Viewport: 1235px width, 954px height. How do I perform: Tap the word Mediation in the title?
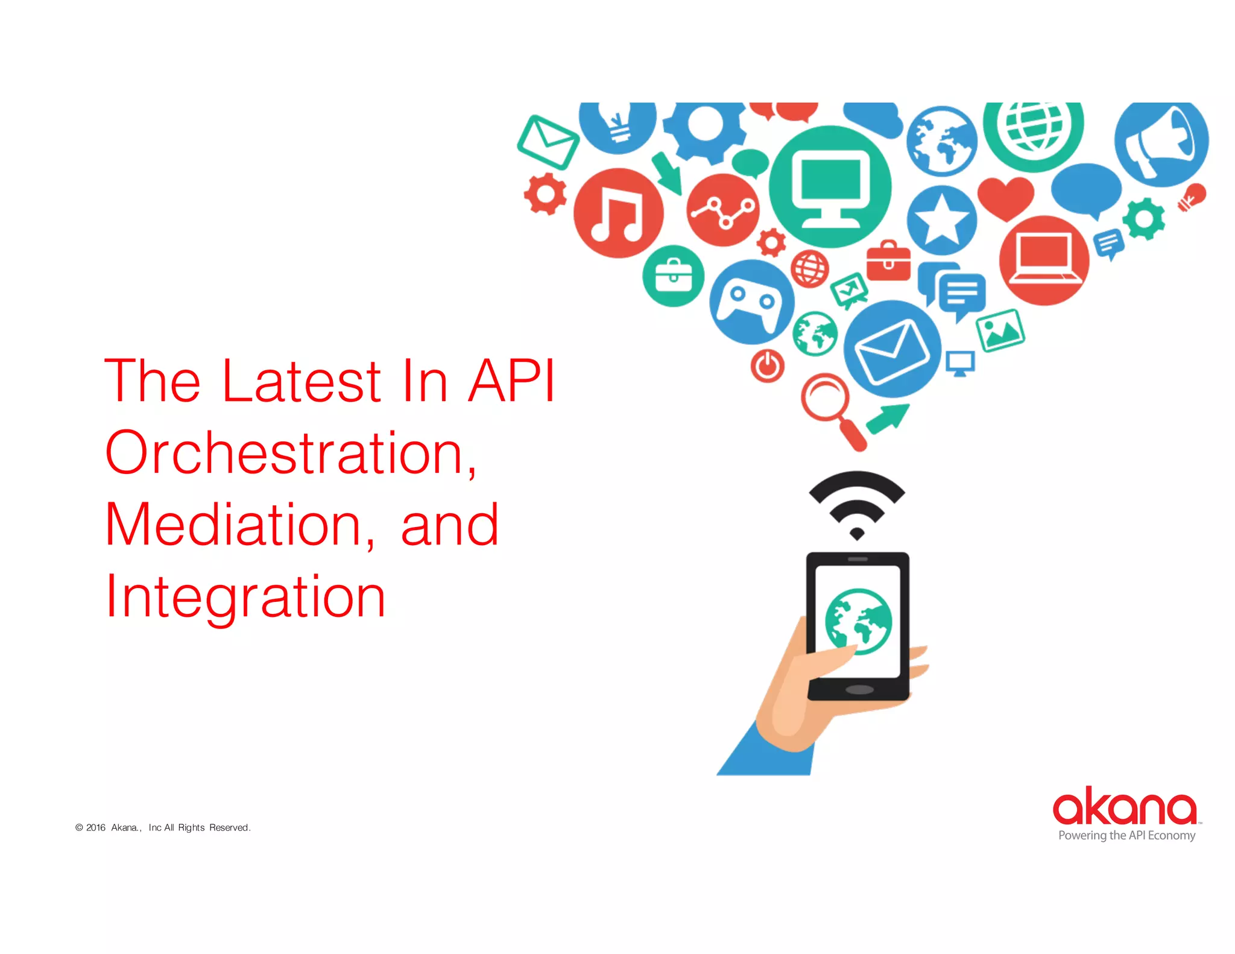pos(235,525)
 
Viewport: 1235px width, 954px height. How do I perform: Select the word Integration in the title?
pos(245,597)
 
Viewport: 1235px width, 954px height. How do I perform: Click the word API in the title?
pos(511,381)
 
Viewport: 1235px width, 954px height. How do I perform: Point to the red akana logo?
pos(1125,807)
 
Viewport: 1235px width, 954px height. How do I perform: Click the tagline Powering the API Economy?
pos(1126,836)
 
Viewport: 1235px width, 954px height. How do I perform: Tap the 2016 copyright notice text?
pos(163,827)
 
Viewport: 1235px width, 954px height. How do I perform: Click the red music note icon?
pos(618,213)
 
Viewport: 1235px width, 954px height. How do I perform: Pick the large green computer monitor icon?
pos(830,186)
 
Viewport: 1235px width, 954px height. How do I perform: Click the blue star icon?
pos(941,220)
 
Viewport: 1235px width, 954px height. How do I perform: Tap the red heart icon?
pos(1005,197)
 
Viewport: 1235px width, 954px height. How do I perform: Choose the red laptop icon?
pos(1044,260)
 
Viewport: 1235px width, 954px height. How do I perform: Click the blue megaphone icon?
pos(1161,142)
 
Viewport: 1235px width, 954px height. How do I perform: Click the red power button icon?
pos(767,365)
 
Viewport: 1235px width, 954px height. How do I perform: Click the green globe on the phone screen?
pos(858,621)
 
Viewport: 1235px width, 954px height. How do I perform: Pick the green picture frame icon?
pos(1000,330)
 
